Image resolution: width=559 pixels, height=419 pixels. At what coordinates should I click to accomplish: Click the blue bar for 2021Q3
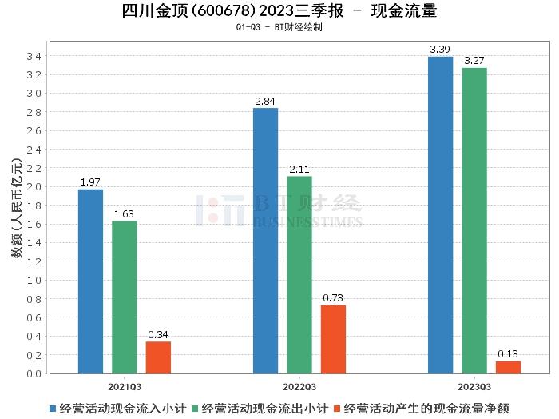(x=90, y=281)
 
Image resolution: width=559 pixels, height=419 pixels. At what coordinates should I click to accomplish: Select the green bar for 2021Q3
(x=125, y=297)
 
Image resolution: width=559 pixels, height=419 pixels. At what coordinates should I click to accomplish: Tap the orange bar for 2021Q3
(x=158, y=357)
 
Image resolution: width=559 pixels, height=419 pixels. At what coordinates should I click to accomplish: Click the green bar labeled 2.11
(x=299, y=274)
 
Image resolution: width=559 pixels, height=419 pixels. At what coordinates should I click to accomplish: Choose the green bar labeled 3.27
(x=474, y=220)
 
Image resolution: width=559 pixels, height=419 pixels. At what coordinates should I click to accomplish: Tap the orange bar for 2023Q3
(x=508, y=367)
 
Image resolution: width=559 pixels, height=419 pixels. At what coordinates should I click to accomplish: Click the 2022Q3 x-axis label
(x=299, y=385)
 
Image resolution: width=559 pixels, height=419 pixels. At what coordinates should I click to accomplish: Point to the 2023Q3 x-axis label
(x=474, y=385)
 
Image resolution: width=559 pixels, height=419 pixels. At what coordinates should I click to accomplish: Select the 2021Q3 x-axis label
(x=125, y=385)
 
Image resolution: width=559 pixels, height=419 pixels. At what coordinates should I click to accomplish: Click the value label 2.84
(x=265, y=101)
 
